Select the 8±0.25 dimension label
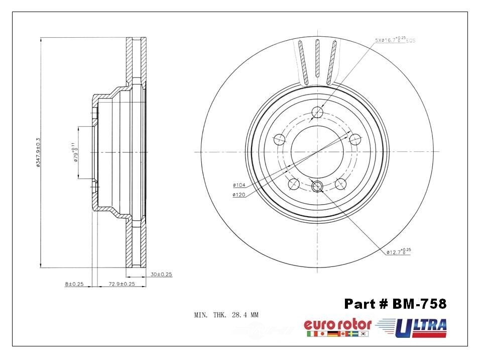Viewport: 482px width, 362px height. (x=74, y=285)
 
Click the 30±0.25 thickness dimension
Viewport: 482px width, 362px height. (x=161, y=275)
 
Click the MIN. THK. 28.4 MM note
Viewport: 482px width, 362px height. (x=226, y=315)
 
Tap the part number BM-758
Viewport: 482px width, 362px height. (x=395, y=304)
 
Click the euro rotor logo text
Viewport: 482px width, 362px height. (x=337, y=324)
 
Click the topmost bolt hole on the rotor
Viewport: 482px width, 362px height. (x=317, y=113)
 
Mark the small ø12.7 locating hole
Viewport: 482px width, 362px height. (x=317, y=187)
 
